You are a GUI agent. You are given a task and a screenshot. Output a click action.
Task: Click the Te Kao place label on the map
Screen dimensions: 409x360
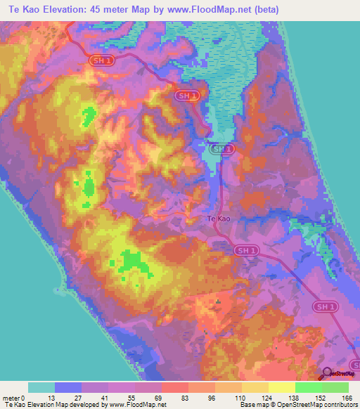(x=218, y=219)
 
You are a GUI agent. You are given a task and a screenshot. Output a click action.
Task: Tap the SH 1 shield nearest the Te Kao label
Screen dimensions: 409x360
(x=243, y=249)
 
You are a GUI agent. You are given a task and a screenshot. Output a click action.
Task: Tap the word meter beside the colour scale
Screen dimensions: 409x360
(x=12, y=398)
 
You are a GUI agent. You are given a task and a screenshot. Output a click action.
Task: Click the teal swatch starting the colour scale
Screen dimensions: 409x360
(x=41, y=387)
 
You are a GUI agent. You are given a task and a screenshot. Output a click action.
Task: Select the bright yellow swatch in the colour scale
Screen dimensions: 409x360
(x=282, y=387)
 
